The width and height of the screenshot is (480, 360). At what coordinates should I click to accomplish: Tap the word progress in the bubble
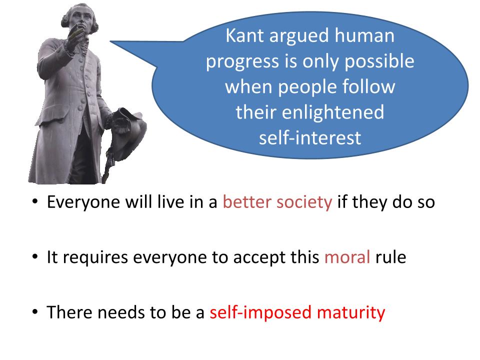pos(242,62)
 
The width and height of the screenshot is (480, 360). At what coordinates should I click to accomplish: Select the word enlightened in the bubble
pos(333,112)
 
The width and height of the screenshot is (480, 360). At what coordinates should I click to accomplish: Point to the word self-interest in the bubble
pos(310,138)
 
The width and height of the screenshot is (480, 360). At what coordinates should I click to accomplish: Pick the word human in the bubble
pos(364,35)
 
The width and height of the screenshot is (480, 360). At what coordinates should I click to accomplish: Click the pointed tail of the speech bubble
pos(111,41)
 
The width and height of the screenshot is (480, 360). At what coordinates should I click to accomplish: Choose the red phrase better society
pos(277,202)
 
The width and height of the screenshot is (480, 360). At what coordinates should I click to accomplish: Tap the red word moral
pos(347,257)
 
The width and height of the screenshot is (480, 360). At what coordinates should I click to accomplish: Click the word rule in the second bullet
pos(391,257)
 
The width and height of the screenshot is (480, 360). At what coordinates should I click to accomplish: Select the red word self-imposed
pos(260,313)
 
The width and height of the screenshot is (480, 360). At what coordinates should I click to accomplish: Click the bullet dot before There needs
pos(35,312)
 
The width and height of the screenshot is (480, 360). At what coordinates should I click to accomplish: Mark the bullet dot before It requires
pos(35,256)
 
